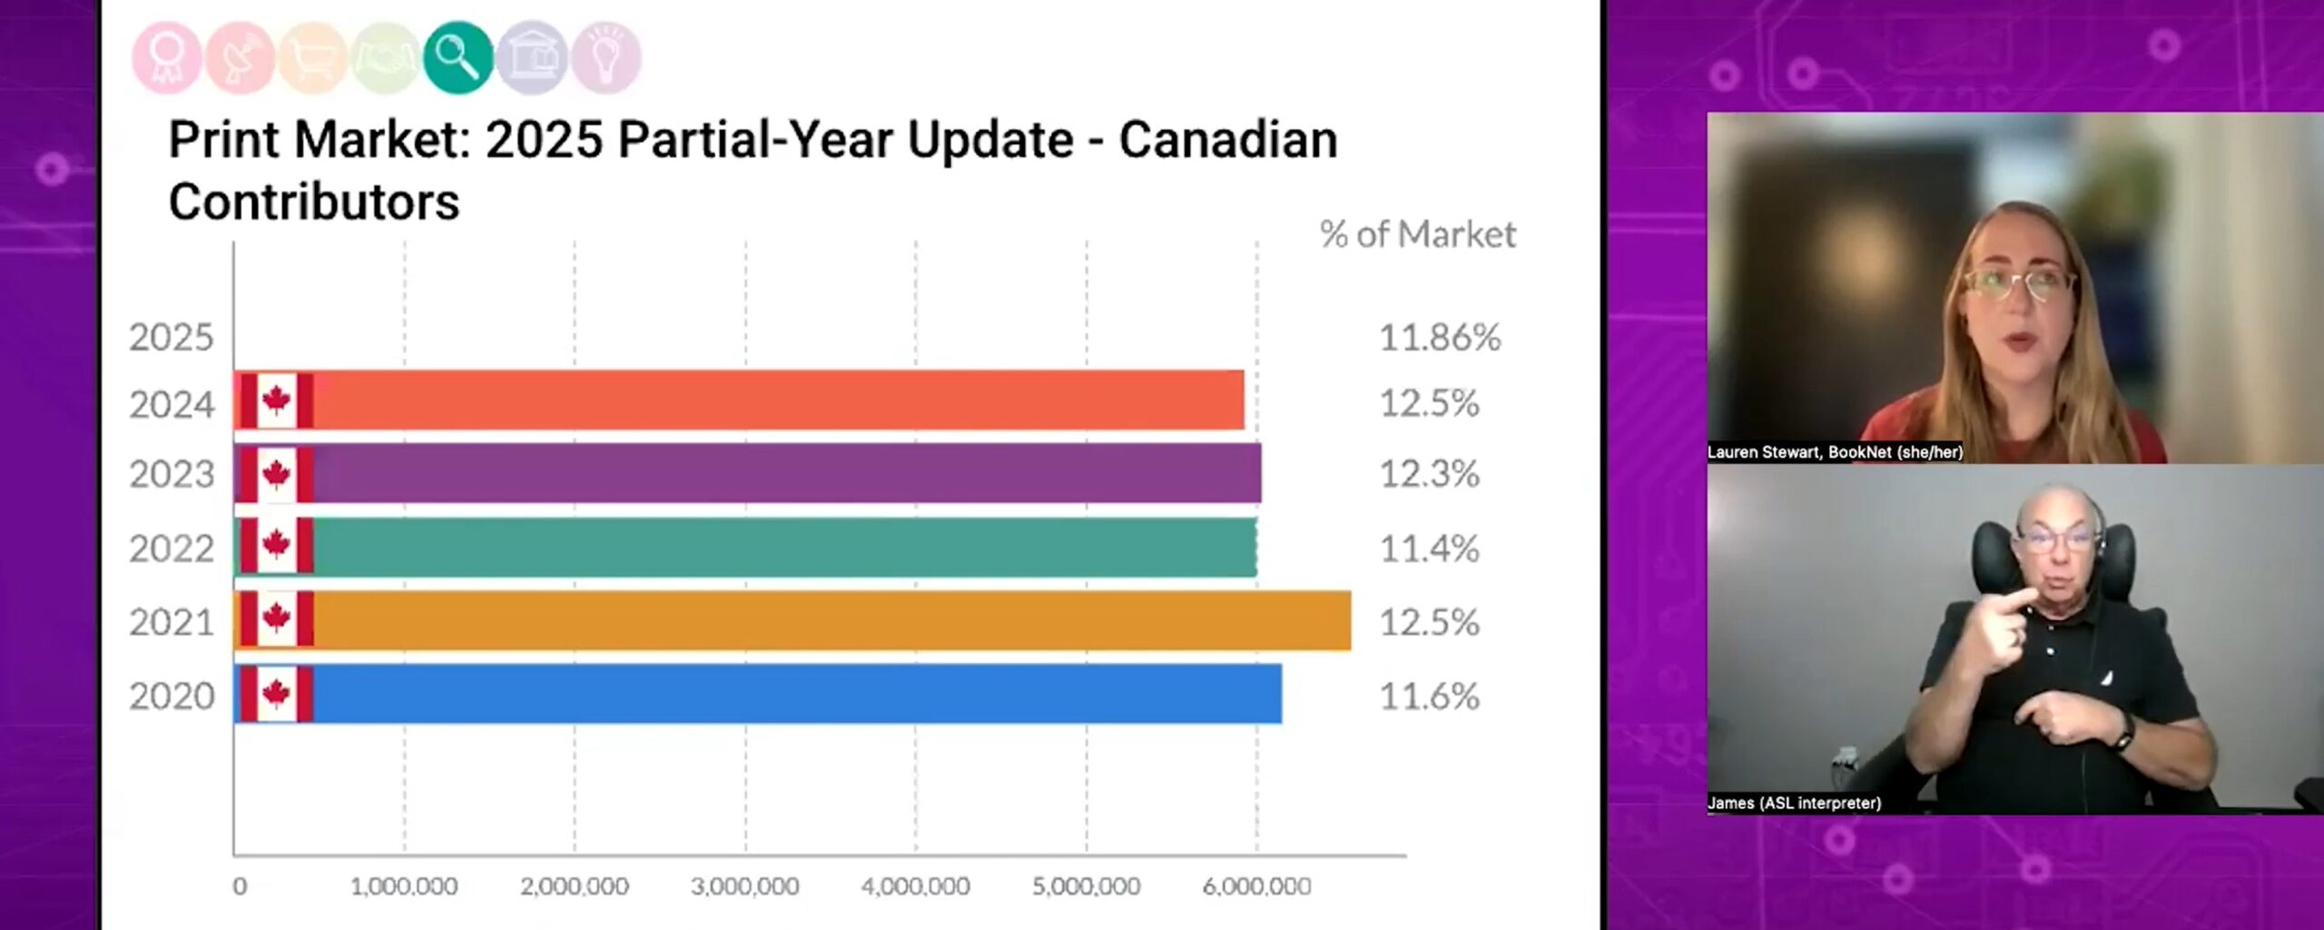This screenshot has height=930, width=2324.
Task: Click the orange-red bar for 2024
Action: point(772,401)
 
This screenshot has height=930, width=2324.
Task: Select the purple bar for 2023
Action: point(781,473)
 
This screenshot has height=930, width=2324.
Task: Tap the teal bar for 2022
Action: point(781,548)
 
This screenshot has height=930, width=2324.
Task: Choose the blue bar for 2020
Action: point(790,695)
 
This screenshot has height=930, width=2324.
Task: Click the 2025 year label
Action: point(171,338)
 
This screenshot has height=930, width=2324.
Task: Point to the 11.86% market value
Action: point(1440,338)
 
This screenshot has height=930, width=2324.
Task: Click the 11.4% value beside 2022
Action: point(1429,549)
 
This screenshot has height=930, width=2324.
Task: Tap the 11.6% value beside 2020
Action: point(1429,697)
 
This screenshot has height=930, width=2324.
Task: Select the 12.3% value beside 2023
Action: point(1429,474)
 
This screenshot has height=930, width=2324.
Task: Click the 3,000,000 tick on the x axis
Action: point(744,885)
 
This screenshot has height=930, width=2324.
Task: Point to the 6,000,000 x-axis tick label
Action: point(1256,885)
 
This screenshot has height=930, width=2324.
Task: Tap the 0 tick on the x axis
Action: point(240,885)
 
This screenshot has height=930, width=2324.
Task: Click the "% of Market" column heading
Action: point(1417,234)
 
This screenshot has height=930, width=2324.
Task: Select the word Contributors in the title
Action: point(314,202)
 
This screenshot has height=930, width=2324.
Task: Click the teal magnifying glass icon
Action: point(458,58)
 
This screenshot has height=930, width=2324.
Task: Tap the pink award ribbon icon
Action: point(167,58)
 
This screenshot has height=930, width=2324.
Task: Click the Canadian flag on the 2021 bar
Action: point(276,619)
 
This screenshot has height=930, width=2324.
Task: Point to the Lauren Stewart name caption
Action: point(1834,451)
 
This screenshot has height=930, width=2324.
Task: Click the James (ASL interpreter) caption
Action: point(1794,803)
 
